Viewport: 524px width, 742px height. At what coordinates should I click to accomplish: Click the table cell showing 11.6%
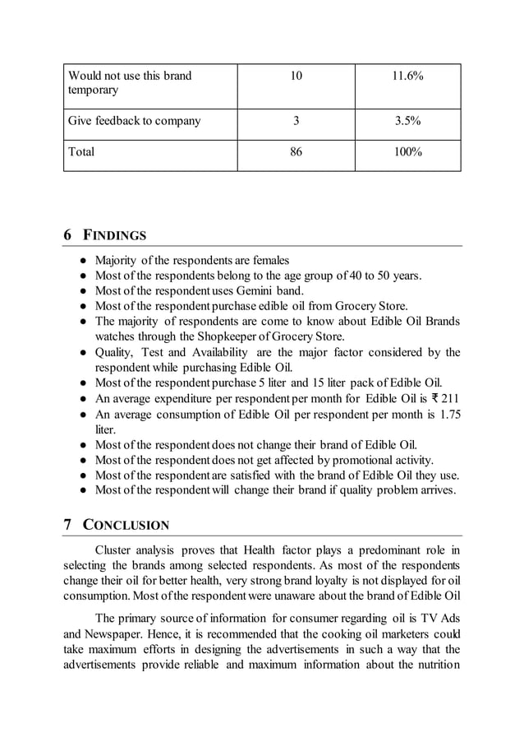tap(407, 76)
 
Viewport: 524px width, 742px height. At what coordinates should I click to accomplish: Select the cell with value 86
tap(296, 151)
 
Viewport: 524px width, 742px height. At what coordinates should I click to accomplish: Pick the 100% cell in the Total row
tap(407, 151)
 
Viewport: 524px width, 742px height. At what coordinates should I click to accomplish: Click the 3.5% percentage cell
tap(407, 121)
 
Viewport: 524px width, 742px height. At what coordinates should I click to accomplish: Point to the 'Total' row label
tap(82, 151)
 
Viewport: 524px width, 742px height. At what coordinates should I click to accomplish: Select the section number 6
tap(68, 236)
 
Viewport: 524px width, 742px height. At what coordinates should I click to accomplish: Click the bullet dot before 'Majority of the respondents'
tap(84, 261)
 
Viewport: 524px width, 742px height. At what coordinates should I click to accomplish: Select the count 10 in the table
tap(296, 76)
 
